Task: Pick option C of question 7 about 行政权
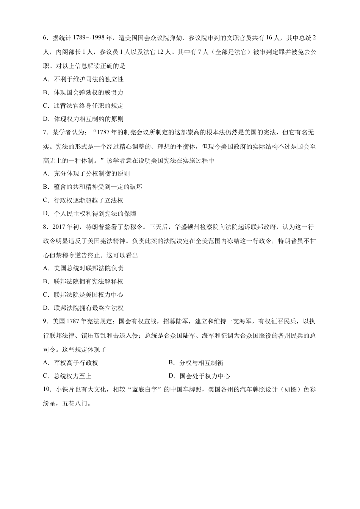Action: point(89,200)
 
